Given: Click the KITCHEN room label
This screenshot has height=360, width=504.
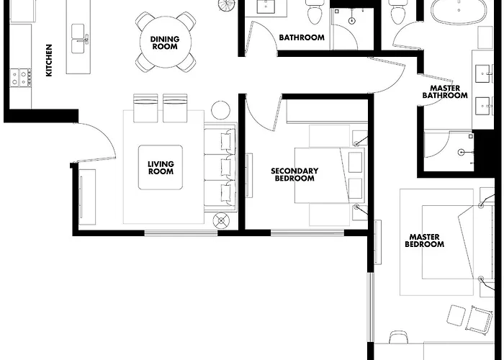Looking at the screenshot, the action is coord(49,60).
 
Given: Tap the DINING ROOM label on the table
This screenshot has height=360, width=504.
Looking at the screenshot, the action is coord(165,42).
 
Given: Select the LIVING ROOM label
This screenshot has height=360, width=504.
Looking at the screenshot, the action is coord(161,168).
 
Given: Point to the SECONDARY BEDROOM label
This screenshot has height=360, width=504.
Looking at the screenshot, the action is coord(294,174).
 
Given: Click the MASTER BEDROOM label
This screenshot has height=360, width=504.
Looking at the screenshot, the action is coord(424,240).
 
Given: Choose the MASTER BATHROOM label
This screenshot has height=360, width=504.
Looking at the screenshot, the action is coord(445,91).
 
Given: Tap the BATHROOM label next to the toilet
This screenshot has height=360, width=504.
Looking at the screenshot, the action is coord(302,37).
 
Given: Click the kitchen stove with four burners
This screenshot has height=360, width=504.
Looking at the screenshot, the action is coord(21,78).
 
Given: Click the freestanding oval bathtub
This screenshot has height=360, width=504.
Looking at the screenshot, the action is coord(459,11).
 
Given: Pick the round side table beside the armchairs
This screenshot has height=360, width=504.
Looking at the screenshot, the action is coord(220,110).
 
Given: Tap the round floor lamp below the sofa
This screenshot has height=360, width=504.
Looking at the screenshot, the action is coord(222,220).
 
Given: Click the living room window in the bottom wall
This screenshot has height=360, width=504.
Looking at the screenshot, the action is coord(181,233).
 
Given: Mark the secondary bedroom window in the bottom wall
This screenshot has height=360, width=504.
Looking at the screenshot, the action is coord(307,233).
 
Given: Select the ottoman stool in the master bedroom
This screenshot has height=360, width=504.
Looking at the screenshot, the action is coord(456,315).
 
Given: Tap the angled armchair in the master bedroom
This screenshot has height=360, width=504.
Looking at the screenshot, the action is coord(479,320).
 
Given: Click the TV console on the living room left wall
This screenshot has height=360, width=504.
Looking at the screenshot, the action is coord(87,197).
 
